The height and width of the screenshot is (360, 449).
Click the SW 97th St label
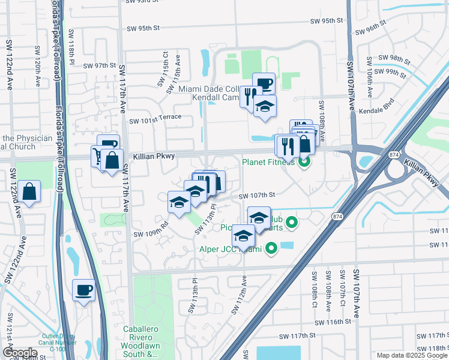[x=99, y=65]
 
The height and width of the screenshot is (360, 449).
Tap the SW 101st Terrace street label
[x=155, y=117]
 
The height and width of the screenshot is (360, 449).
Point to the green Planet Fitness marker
[x=304, y=161]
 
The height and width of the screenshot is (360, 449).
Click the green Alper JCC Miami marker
[x=271, y=247]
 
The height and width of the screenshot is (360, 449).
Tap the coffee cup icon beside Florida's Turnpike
[x=83, y=290]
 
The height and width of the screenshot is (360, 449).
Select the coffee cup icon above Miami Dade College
[x=264, y=83]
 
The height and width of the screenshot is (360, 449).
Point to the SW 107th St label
[x=257, y=195]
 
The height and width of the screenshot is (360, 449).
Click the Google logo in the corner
[x=20, y=352]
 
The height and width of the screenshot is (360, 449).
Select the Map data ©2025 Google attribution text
[x=412, y=355]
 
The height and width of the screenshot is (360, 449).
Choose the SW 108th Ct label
[x=313, y=287]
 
